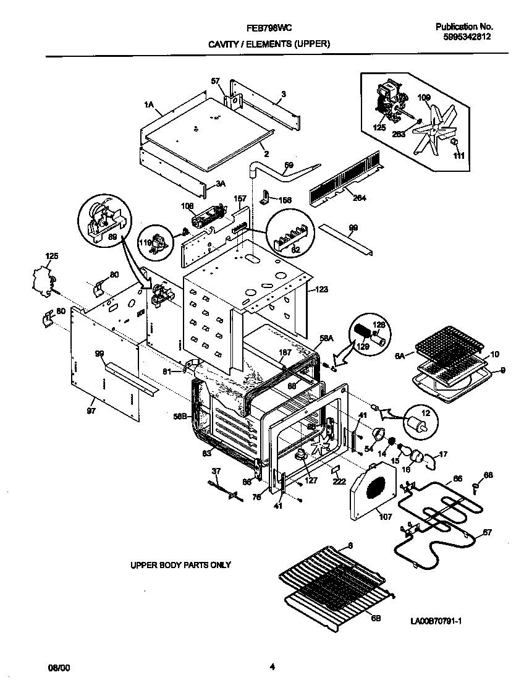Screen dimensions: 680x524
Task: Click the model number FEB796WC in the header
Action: pos(269,28)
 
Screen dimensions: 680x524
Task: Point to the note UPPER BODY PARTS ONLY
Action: pos(180,565)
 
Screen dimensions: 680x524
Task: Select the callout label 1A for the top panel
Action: pos(148,106)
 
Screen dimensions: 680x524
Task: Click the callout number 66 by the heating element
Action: pos(457,478)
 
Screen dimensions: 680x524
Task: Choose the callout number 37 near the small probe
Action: pos(216,471)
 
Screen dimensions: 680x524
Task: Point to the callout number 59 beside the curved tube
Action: pos(288,165)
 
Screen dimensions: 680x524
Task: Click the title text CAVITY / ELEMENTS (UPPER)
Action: pos(268,44)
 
